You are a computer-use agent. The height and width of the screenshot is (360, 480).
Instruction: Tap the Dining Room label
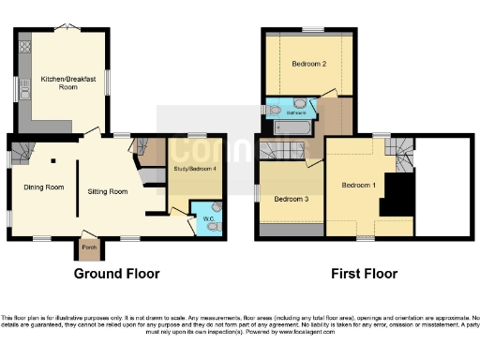44,187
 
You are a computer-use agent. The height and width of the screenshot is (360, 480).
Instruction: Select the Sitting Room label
107,191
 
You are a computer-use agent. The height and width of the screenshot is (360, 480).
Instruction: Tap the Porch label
90,248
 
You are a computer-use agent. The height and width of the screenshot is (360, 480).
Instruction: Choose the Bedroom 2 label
308,65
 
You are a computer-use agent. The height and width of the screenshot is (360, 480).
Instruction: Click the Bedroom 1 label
358,185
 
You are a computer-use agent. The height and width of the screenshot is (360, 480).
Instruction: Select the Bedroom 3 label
291,199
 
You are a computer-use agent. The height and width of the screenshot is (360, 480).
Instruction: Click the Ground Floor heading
117,274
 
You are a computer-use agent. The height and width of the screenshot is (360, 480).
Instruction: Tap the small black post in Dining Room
53,161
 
